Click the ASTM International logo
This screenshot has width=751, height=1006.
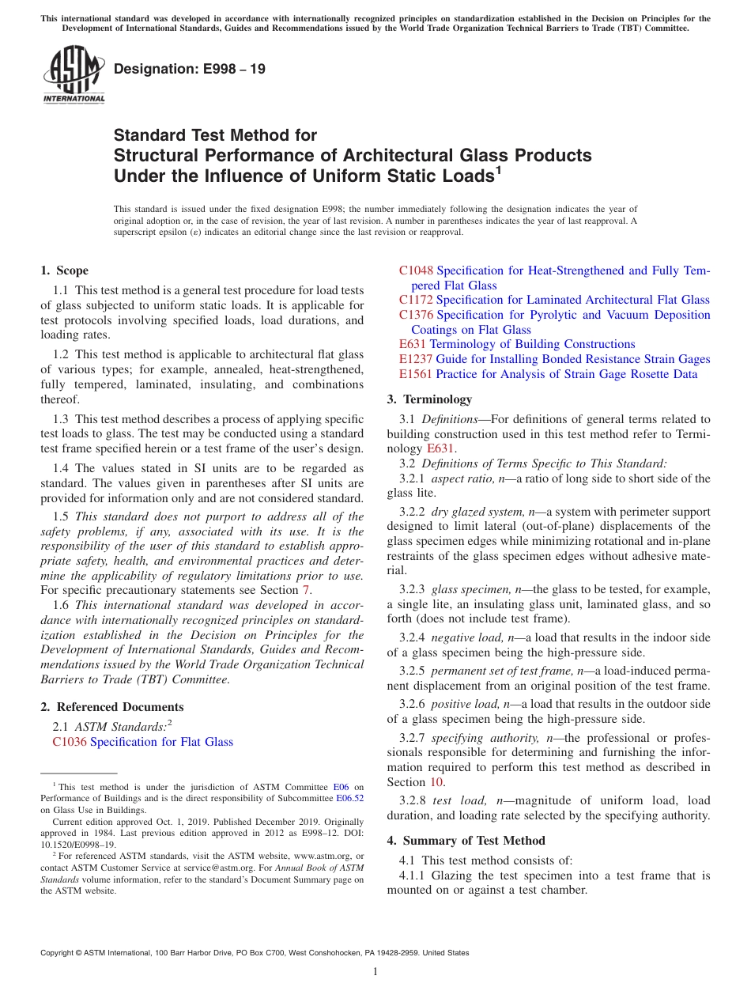73,76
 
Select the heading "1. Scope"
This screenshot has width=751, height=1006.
65,270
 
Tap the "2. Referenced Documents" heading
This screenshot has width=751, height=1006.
112,707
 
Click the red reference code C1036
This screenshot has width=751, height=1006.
70,742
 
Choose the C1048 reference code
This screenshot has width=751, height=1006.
416,270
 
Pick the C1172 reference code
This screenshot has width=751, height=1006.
416,300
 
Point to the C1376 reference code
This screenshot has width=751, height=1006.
416,315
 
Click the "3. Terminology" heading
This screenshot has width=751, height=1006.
429,399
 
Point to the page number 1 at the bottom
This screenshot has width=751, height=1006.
375,972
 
